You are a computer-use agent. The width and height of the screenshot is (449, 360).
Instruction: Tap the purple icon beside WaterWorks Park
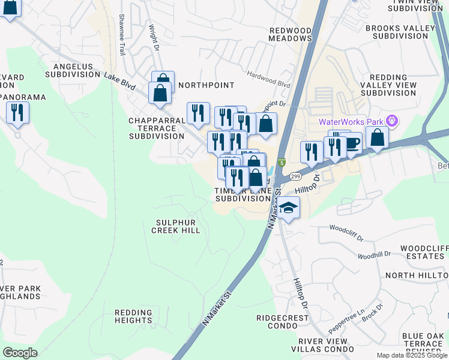[393, 121]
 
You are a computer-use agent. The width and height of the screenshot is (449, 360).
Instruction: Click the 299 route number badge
[294, 176]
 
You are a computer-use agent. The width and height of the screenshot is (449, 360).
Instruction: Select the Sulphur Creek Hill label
[175, 226]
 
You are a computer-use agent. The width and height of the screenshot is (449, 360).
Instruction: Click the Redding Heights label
[137, 317]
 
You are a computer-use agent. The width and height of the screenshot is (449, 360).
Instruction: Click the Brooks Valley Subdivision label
[400, 32]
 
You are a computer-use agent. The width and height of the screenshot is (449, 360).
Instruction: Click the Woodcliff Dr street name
[346, 233]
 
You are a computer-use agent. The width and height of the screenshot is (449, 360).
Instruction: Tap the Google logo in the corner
[20, 352]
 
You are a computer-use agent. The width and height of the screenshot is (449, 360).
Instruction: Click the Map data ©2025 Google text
[411, 355]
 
